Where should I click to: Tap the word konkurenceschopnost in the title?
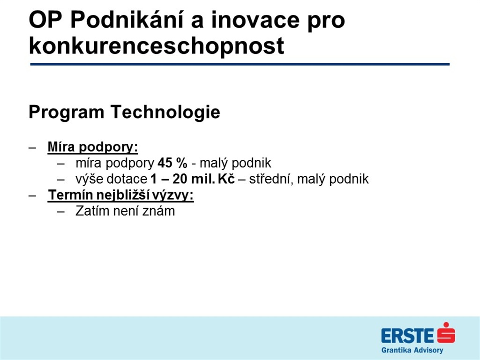click(157, 46)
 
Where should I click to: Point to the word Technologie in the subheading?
click(165, 112)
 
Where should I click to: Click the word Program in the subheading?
click(67, 112)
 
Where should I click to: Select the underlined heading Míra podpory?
click(93, 147)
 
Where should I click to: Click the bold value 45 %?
click(172, 163)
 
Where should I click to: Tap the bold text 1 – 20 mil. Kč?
click(193, 179)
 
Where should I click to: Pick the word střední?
click(270, 179)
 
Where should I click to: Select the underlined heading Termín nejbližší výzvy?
click(121, 195)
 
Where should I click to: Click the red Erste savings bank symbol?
click(446, 332)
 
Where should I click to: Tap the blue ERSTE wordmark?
click(408, 336)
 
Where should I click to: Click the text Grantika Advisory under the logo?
click(412, 350)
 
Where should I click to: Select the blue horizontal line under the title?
click(240, 64)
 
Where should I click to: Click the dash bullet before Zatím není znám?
click(61, 211)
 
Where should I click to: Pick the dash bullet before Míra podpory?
click(32, 148)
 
